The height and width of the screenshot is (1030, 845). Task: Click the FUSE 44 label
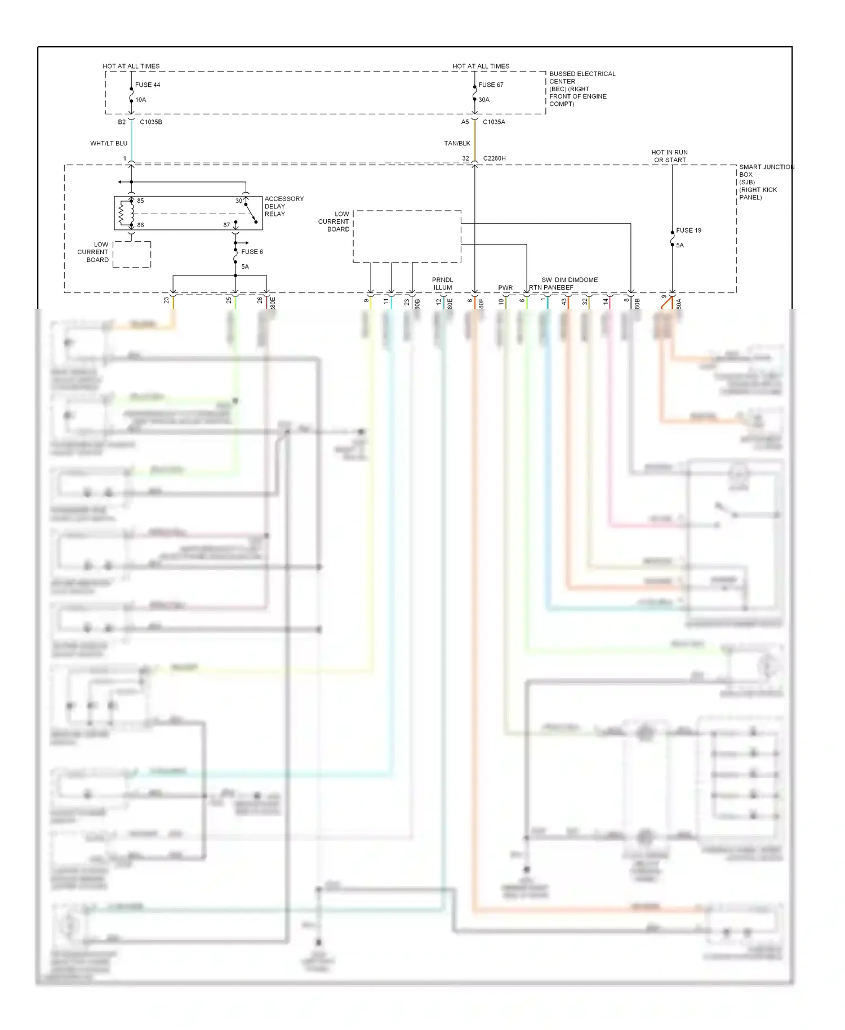coord(148,85)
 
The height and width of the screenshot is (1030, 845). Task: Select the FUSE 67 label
coord(491,85)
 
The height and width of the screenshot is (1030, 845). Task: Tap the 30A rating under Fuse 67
coord(484,100)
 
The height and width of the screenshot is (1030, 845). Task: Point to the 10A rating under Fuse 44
coord(141,100)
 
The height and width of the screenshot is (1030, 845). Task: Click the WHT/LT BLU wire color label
coord(109,144)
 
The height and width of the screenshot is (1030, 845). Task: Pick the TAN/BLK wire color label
coord(457,144)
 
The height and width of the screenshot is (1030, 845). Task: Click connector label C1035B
coord(151,122)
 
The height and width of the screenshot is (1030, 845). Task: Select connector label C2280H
coord(494,158)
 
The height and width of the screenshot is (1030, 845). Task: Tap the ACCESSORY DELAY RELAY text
coord(284,206)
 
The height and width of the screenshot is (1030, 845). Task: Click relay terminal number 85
coord(140,201)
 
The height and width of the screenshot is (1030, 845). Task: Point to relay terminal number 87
coord(226,225)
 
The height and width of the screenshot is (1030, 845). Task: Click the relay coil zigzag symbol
coord(123,213)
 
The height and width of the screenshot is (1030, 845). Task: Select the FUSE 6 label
coord(252,252)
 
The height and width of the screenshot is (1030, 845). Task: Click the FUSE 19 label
coord(688,230)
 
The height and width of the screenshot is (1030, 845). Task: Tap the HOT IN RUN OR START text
coord(669,156)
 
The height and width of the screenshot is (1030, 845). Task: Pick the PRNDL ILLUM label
coord(442,283)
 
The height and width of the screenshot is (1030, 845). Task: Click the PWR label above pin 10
coord(505,288)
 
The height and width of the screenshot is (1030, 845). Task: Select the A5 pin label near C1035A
coord(465,122)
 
